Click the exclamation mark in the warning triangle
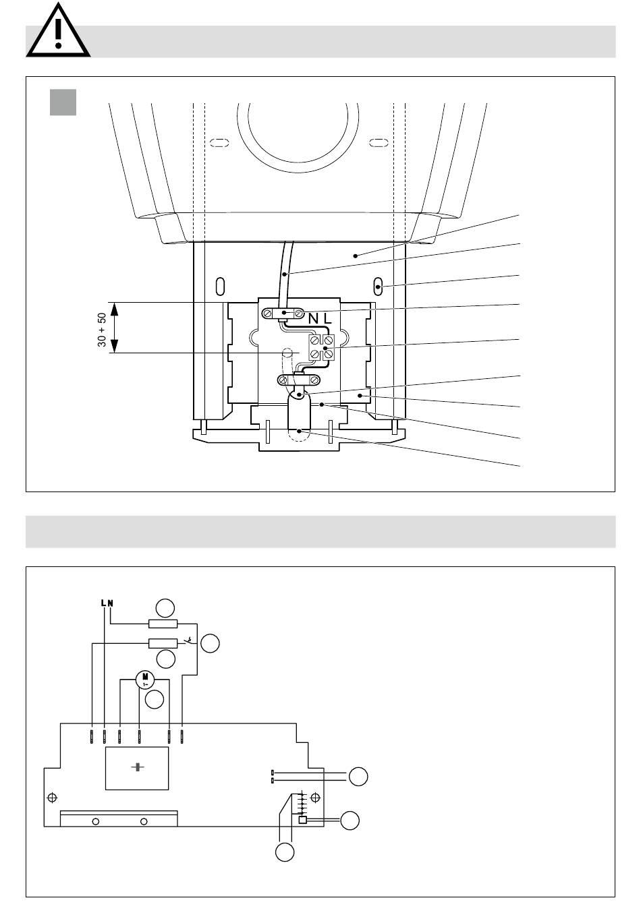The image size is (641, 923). (58, 33)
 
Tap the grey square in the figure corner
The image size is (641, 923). (63, 102)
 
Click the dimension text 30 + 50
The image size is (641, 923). (102, 330)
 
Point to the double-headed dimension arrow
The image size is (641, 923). (115, 328)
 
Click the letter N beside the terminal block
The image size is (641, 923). (314, 318)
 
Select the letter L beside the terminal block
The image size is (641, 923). (327, 318)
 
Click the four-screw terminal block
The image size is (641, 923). (321, 347)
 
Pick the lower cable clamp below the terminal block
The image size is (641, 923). (299, 379)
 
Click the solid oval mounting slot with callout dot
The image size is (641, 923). (377, 287)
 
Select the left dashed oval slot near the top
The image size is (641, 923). (219, 143)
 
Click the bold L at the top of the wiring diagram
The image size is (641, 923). (103, 603)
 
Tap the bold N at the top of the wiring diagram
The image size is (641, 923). (110, 603)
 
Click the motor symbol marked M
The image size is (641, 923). (145, 679)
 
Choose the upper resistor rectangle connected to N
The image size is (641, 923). (163, 624)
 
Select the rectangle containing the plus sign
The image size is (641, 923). (137, 768)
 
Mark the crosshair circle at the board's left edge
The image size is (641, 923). (53, 798)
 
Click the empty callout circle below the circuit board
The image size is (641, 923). (285, 852)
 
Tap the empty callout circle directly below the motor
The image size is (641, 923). (155, 699)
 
